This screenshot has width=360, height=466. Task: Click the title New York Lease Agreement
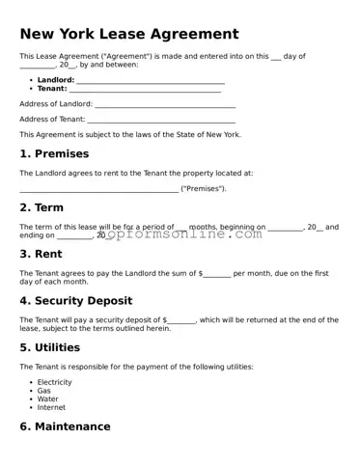pos(129,35)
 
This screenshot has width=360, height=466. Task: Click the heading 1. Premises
pos(54,153)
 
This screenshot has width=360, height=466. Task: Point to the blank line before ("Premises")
pos(98,189)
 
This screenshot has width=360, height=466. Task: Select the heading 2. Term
pos(42,207)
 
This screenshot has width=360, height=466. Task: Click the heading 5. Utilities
pos(50,347)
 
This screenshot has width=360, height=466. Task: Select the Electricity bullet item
pos(54,382)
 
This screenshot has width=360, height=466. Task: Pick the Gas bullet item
pos(43,391)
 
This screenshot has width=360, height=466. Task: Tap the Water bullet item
pos(47,399)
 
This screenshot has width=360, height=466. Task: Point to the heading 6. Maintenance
pos(66,426)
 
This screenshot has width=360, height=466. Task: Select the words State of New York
pos(208,134)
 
